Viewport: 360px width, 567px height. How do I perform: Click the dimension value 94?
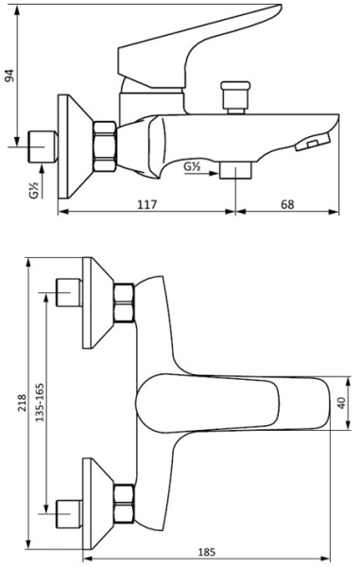pos(10,76)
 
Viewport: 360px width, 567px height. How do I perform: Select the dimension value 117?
pos(147,205)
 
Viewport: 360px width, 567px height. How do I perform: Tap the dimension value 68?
pos(287,205)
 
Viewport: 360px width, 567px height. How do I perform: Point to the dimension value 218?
pos(22,403)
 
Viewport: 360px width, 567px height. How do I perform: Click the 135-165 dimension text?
pos(40,403)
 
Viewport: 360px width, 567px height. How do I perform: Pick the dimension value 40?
pos(341,403)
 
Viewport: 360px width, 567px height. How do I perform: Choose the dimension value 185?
pos(207,552)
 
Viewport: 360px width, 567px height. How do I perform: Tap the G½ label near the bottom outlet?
pos(192,166)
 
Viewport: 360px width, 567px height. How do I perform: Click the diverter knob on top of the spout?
pos(235,97)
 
